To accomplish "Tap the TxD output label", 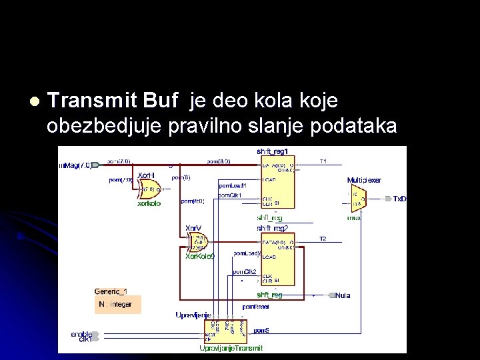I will (x=399, y=199).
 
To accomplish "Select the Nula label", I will (x=343, y=295).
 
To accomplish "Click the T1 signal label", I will (x=323, y=161).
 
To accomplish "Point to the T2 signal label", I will (x=323, y=239).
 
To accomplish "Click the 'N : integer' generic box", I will (x=116, y=305).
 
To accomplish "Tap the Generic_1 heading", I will (x=111, y=291).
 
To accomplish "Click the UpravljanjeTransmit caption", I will (x=231, y=348).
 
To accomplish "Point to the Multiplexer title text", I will (x=364, y=180).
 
